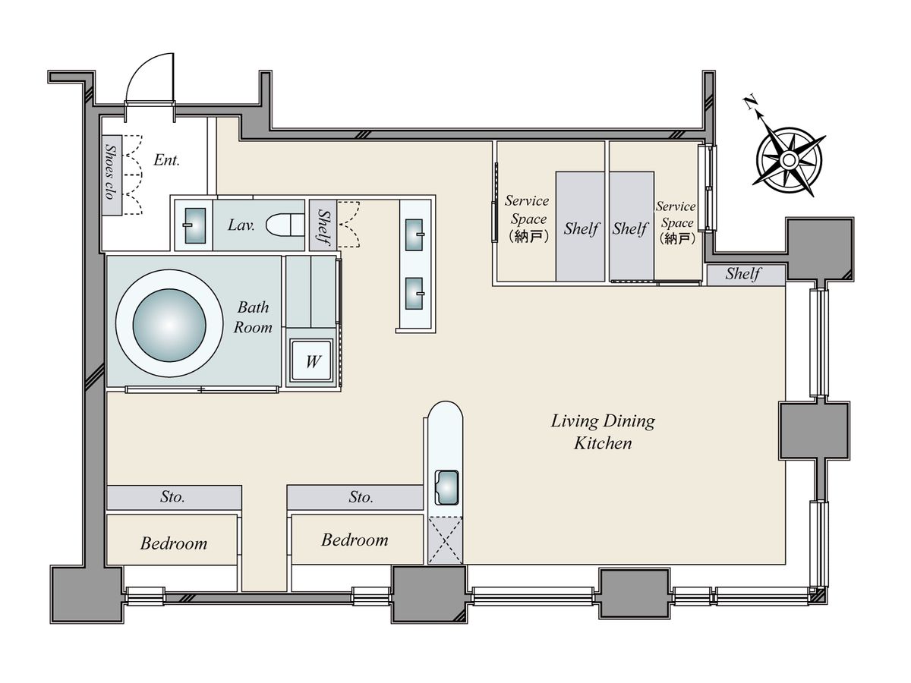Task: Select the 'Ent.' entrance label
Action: point(166,160)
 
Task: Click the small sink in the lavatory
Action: point(194,225)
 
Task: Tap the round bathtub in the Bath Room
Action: point(169,325)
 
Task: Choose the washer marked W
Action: point(312,360)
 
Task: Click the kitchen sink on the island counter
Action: point(446,487)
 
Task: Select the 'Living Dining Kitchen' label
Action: point(603,432)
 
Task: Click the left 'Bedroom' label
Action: point(174,543)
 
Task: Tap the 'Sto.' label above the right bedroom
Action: point(361,497)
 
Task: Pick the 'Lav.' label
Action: point(241,225)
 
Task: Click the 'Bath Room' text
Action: point(253,317)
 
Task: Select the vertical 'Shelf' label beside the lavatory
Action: point(323,226)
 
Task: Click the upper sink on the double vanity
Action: point(414,234)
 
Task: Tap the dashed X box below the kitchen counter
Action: point(445,540)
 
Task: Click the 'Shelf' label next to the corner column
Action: point(743,274)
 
